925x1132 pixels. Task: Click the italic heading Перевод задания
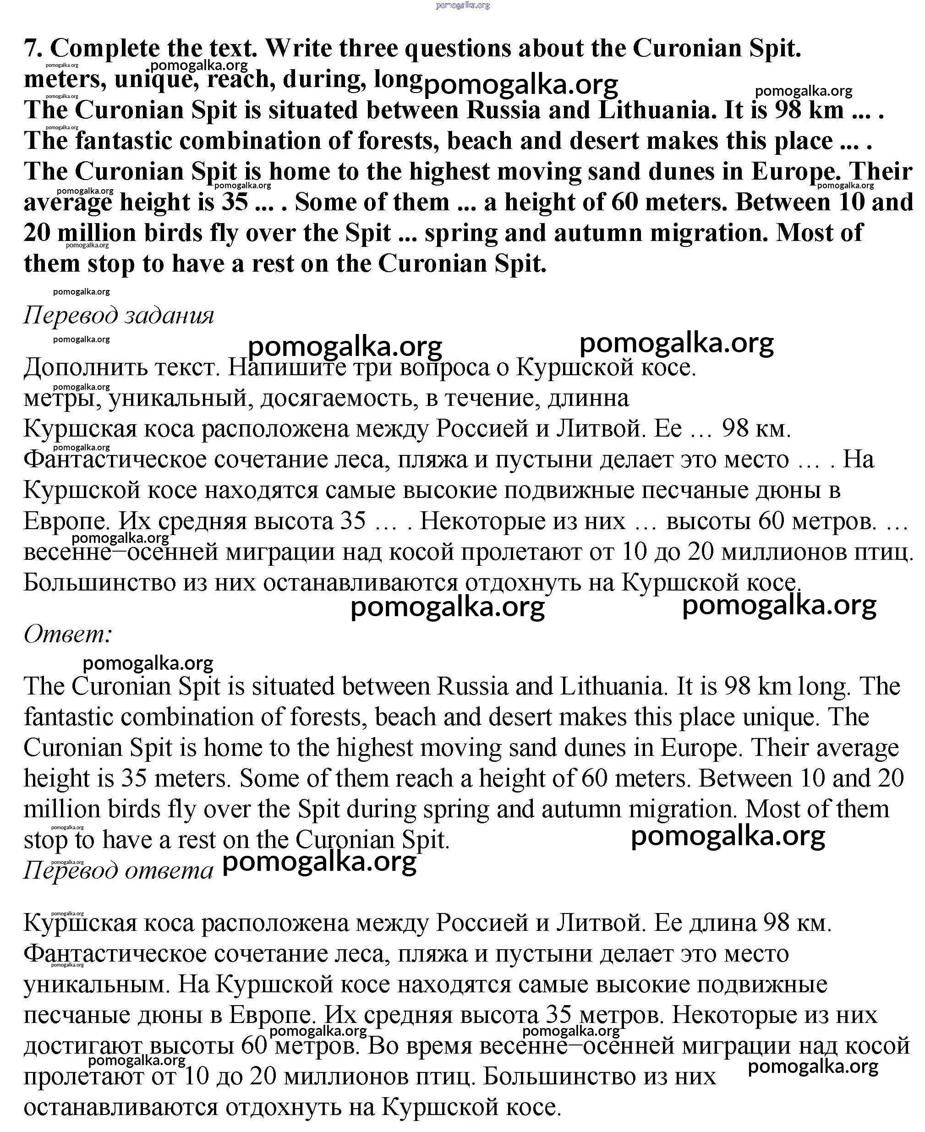(x=118, y=315)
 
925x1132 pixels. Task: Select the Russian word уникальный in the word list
(x=181, y=398)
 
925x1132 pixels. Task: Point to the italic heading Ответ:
(x=68, y=634)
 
